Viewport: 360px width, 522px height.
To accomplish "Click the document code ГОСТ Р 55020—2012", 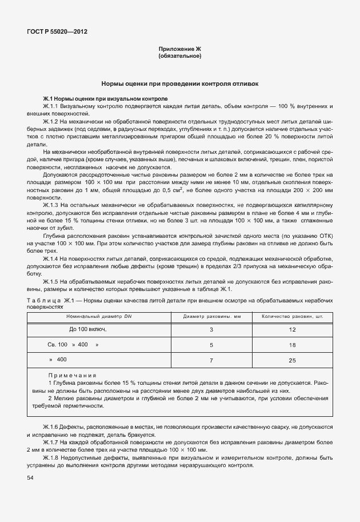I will [x=58, y=32].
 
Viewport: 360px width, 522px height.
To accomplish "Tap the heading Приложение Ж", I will [x=179, y=50].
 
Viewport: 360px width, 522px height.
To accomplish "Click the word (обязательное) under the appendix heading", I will [x=179, y=56].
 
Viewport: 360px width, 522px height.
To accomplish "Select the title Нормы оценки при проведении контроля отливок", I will [x=179, y=83].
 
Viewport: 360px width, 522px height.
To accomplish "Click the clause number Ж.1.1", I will [x=51, y=106].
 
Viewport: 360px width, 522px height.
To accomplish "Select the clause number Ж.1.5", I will [x=51, y=281].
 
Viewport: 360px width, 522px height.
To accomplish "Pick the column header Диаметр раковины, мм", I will [x=212, y=316].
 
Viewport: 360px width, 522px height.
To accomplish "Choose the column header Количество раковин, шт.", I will [x=293, y=316].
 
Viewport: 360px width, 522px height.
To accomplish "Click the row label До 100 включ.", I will [x=88, y=329].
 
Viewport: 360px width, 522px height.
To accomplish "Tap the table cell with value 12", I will [x=293, y=330].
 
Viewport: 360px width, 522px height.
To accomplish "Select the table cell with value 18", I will [x=293, y=345].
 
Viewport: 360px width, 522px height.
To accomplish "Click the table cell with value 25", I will [x=293, y=360].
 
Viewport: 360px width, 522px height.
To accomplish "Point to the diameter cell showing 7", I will [x=211, y=360].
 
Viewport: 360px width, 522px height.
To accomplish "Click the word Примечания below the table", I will [x=71, y=375].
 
